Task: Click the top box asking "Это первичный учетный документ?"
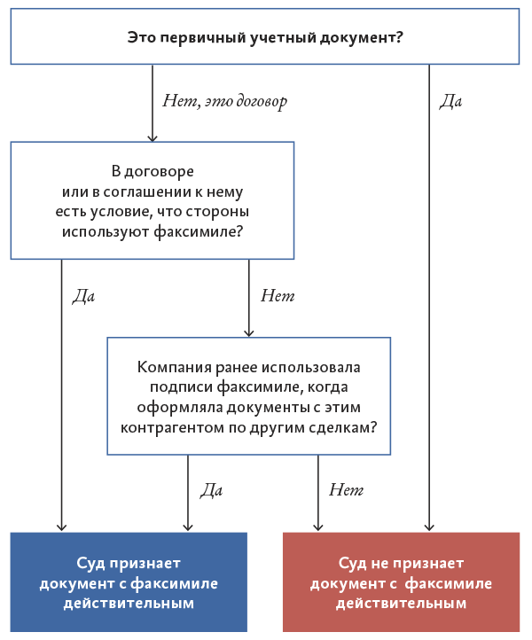[265, 36]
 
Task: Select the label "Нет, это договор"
[224, 100]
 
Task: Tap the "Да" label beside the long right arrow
[451, 100]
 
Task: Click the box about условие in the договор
[152, 200]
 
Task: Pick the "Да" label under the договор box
[83, 295]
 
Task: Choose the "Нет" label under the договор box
[277, 295]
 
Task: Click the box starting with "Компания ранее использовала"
[248, 395]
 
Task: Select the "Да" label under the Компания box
[211, 489]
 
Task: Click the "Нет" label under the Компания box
[346, 489]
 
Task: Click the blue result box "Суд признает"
[129, 582]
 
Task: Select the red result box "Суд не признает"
[401, 582]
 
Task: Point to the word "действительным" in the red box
[401, 604]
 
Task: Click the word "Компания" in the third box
[169, 367]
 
